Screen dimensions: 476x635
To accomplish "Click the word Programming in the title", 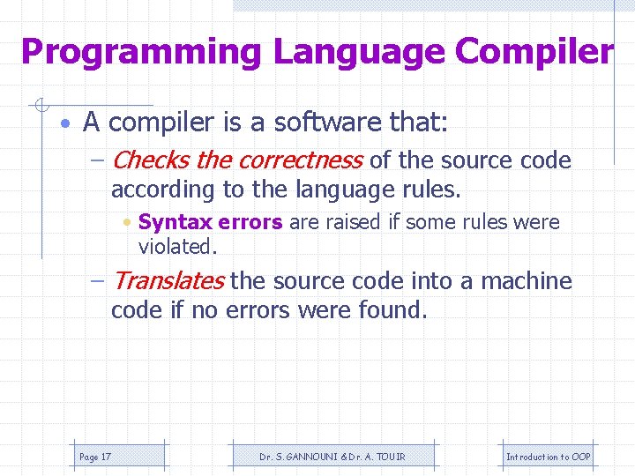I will coord(141,52).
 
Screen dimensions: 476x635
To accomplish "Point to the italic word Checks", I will coord(151,160).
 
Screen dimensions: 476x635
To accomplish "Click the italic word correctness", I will coord(300,160).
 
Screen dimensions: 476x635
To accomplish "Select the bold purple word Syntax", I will coord(174,222).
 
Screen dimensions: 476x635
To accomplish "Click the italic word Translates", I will coord(168,281).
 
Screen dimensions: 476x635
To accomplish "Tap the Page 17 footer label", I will coord(95,457).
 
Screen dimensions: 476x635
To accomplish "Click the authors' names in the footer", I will coord(320,457).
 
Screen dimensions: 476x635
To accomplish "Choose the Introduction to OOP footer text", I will coord(548,457).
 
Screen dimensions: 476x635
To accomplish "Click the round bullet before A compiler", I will coord(67,123).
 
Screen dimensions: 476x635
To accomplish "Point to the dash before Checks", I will coord(98,160).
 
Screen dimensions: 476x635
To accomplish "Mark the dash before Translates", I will coord(98,281).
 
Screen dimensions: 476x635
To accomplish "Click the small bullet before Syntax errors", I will coord(129,222).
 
